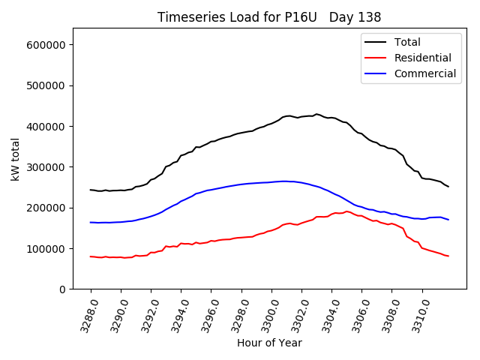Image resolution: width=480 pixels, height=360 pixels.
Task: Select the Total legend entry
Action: [x=408, y=42]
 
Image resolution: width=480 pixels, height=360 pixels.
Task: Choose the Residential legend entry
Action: [x=423, y=58]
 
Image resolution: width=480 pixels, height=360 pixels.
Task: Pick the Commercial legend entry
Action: [x=424, y=73]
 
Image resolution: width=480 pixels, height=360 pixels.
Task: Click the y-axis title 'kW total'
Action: [x=15, y=158]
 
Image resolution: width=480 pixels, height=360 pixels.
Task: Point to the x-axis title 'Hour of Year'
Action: [x=269, y=343]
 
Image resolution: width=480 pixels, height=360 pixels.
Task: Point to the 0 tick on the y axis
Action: [x=62, y=289]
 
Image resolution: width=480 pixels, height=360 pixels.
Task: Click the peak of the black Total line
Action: [x=316, y=114]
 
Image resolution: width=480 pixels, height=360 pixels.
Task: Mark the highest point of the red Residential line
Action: [x=346, y=211]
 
